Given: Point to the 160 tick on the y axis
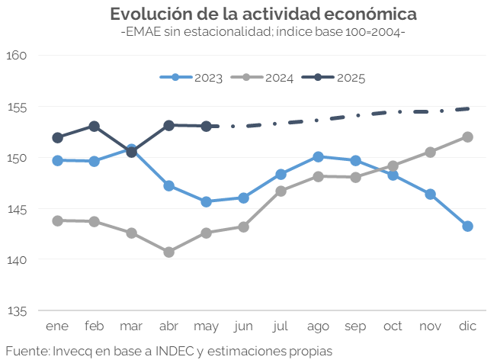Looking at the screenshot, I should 17,56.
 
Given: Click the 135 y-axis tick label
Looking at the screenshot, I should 17,311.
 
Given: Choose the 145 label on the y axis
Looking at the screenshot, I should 17,209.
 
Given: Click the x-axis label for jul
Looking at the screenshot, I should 281,326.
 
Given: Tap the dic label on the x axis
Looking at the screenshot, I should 467,326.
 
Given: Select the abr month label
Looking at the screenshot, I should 168,326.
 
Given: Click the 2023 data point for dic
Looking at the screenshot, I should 467,226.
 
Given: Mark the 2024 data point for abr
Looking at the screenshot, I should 168,252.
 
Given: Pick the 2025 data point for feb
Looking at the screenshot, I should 94,126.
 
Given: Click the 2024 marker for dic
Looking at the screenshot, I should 467,137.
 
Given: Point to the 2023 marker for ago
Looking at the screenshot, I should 318,156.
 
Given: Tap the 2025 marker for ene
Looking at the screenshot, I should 57,137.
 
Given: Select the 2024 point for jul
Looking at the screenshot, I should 281,191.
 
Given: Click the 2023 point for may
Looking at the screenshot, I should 206,201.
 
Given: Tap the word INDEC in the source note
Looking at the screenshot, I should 171,351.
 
